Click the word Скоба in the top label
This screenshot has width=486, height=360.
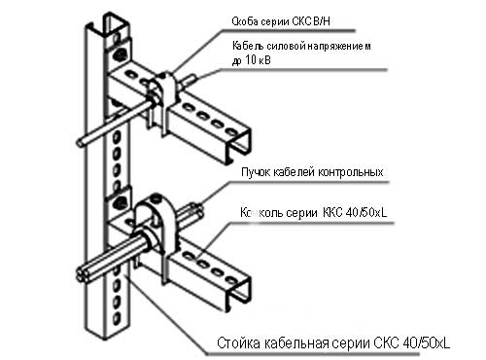246,18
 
